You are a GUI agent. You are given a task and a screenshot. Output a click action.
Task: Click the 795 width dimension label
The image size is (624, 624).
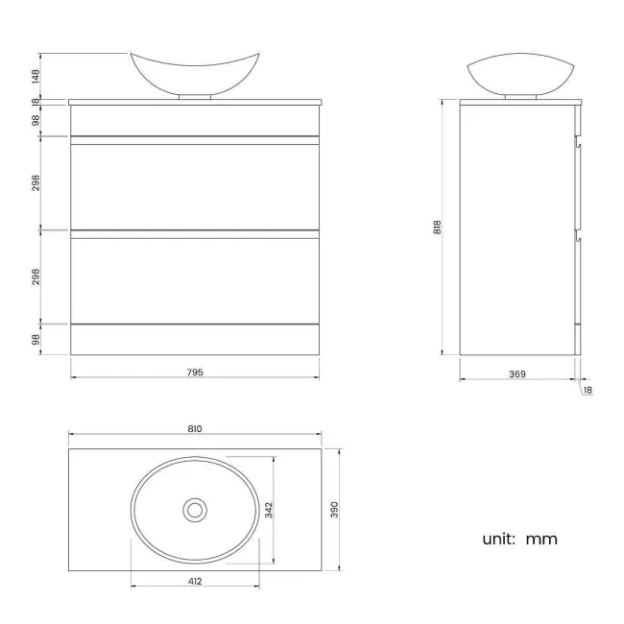(195, 372)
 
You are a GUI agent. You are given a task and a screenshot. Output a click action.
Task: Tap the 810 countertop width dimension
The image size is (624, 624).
(195, 430)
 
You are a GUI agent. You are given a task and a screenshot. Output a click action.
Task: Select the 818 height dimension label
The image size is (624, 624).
(437, 228)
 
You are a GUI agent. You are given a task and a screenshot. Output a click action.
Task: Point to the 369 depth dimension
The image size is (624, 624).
(516, 373)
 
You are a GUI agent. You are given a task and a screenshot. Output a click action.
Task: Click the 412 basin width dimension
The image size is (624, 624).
(195, 581)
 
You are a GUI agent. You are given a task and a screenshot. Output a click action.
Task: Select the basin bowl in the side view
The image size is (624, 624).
(519, 74)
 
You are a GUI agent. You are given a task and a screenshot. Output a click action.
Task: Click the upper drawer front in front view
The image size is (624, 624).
(195, 184)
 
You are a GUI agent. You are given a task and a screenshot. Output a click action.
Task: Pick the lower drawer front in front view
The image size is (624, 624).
(195, 278)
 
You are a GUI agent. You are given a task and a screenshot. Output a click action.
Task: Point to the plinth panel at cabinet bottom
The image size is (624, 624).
(195, 339)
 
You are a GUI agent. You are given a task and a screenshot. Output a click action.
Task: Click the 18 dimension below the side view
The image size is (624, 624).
(588, 391)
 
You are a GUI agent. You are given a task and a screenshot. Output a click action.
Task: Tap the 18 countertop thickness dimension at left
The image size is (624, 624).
(36, 101)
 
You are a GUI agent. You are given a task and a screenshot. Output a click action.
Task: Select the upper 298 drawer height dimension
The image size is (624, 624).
(36, 182)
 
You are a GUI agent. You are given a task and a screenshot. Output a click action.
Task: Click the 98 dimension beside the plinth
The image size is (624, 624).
(36, 339)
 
